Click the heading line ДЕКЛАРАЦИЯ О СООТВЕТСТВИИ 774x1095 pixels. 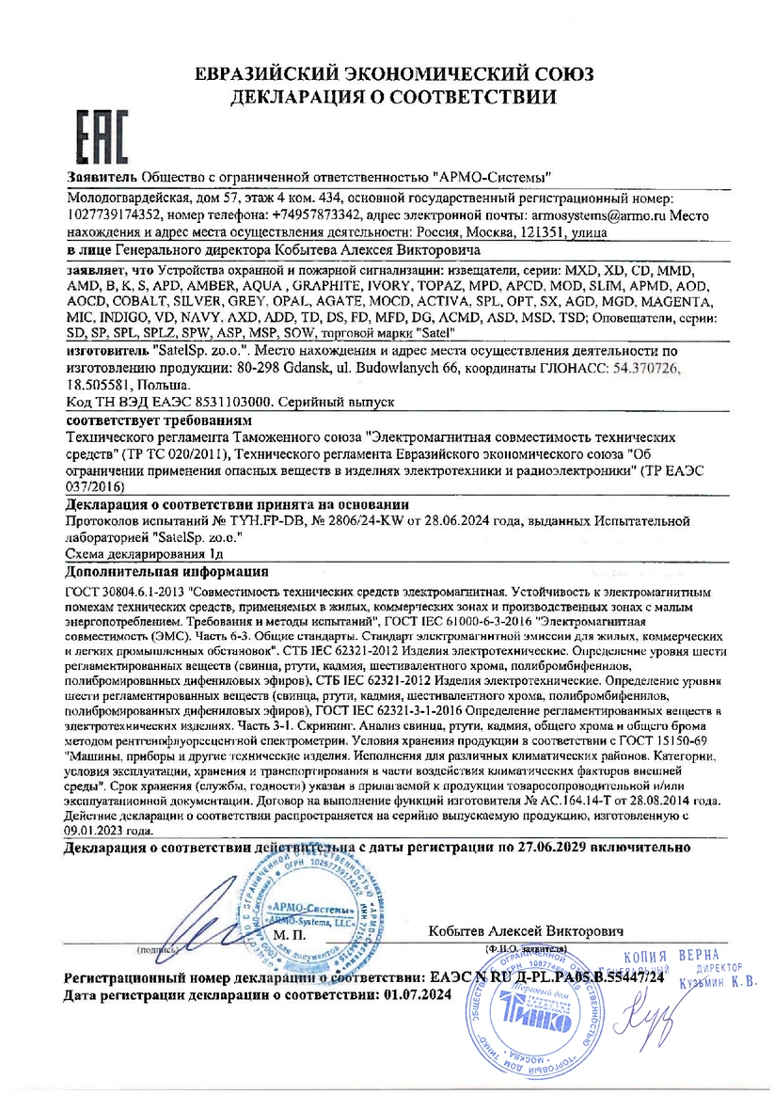(387, 96)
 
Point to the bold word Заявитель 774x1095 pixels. (102, 177)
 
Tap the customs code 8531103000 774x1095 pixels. (229, 401)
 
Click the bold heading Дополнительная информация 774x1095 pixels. (167, 571)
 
